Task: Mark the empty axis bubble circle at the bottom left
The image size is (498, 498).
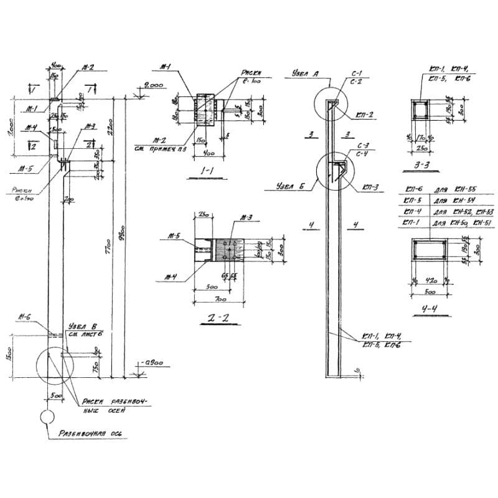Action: click(47, 416)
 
